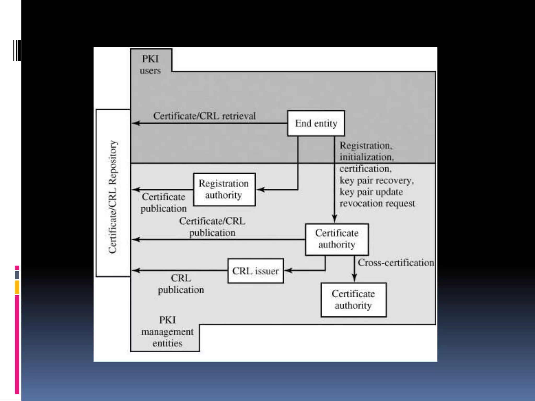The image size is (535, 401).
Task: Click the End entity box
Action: coord(316,123)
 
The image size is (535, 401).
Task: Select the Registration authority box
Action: coord(224,190)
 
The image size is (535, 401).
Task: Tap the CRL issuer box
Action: coord(255,271)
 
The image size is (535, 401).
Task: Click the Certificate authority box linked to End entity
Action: coord(337,239)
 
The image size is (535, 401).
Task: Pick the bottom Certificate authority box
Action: coord(353,300)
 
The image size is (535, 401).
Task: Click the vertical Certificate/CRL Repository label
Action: coord(113,197)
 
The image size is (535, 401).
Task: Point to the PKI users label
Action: coord(150,64)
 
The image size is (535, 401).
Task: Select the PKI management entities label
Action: coord(167,332)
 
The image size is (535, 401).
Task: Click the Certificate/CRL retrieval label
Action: coord(204,116)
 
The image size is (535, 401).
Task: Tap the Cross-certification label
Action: coord(396,263)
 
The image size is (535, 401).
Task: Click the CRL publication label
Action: coord(181,284)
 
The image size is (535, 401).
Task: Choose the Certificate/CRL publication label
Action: coord(212,227)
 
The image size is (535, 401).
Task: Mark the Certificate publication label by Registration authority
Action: coord(164,203)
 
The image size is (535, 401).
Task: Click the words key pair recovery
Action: coord(376,180)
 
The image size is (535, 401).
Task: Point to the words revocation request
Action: coord(377,203)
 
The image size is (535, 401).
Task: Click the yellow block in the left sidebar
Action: coord(17,287)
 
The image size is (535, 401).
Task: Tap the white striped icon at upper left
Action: coord(17,50)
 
